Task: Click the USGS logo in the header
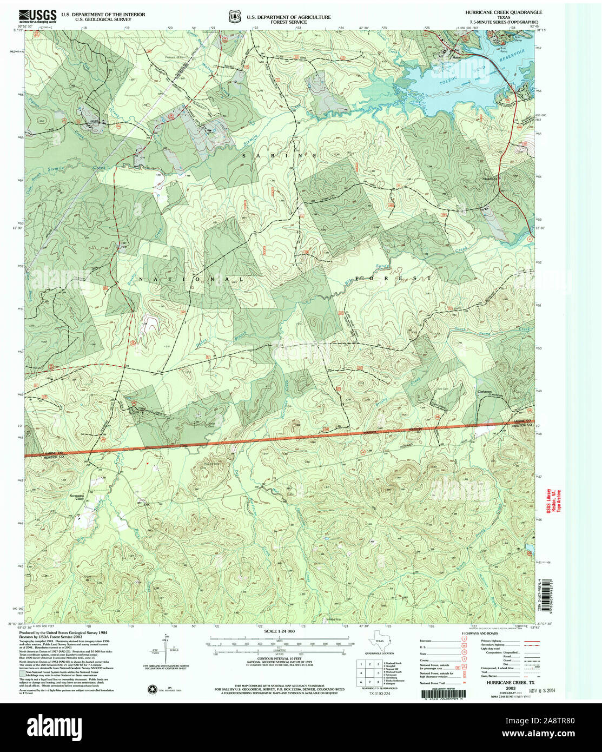pos(38,16)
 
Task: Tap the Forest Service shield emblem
pos(235,17)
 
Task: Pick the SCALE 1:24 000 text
pos(279,631)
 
